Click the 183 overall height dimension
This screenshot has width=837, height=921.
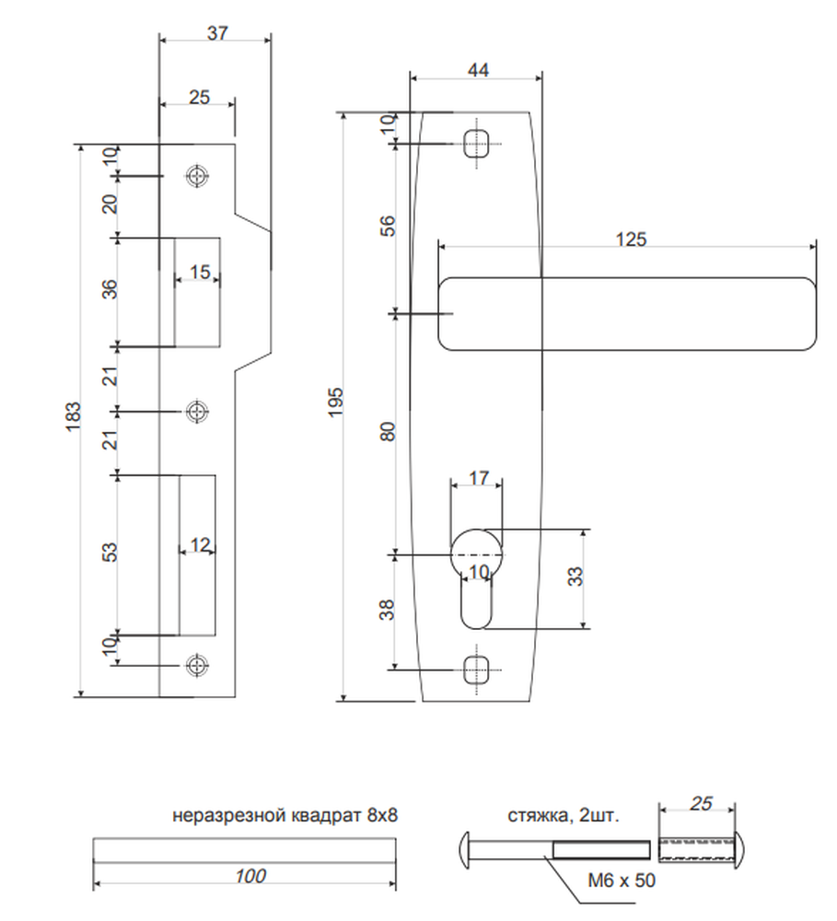coord(73,416)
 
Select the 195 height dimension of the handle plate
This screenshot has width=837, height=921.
coord(335,402)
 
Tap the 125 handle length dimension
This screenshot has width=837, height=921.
coord(631,239)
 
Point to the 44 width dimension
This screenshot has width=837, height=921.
coord(478,70)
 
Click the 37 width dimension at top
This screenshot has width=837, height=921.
coord(216,33)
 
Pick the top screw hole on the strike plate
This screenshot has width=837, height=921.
coord(198,176)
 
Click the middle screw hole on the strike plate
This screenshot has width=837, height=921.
coord(198,411)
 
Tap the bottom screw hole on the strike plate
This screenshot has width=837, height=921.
coord(198,665)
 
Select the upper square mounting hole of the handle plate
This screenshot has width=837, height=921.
coord(476,144)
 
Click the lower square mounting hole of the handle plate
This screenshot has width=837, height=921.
coord(476,670)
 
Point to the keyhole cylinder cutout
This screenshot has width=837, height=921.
coord(476,578)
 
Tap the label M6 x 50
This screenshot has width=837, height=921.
coord(622,880)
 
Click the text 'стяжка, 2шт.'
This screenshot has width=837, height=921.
coord(564,815)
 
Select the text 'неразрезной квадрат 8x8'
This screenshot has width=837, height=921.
coord(285,815)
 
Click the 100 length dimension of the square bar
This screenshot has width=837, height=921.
coord(250,876)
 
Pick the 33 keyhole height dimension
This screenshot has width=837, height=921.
coord(576,577)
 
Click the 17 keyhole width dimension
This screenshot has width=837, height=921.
coord(479,478)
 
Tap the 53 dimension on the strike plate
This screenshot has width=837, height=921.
coord(110,552)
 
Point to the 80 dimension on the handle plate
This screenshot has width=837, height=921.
coord(389,432)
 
